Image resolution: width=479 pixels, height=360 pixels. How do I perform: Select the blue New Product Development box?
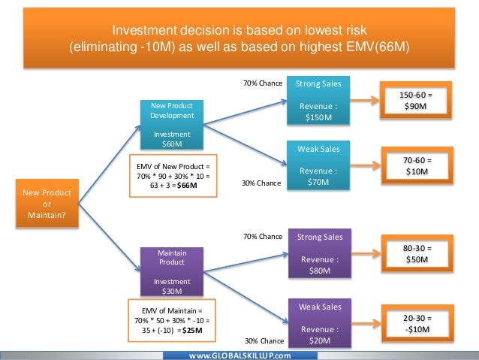(172, 125)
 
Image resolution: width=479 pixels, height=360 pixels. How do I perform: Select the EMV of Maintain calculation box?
(172, 319)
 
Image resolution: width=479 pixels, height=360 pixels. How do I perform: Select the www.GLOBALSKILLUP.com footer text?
(239, 355)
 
